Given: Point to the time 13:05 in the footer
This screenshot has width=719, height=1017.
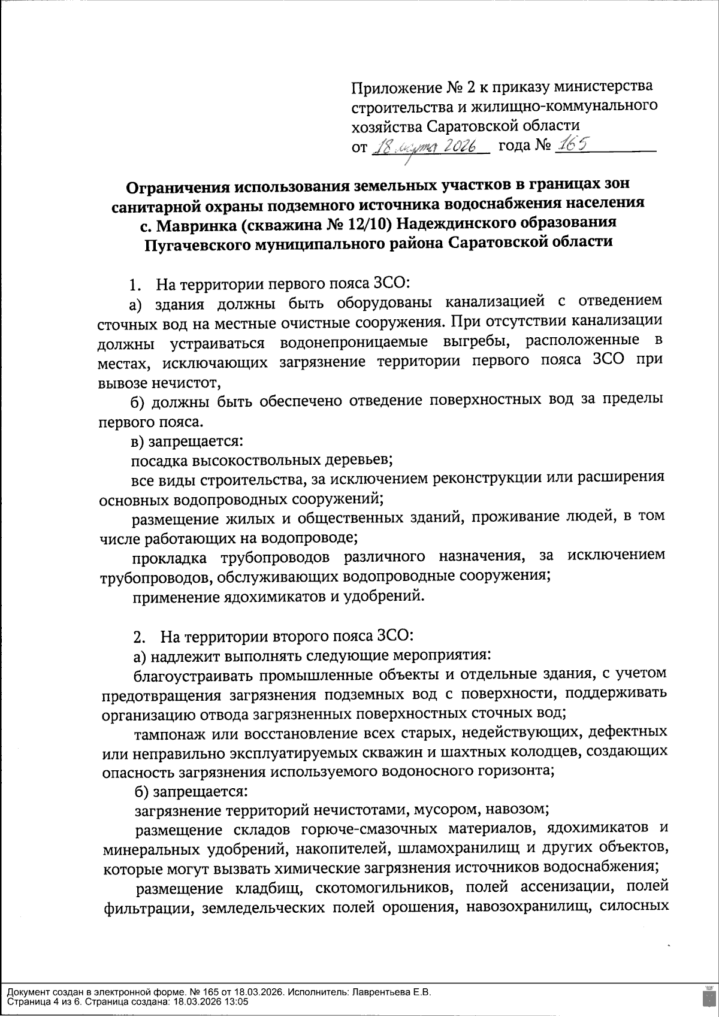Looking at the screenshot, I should click(x=237, y=1001).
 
